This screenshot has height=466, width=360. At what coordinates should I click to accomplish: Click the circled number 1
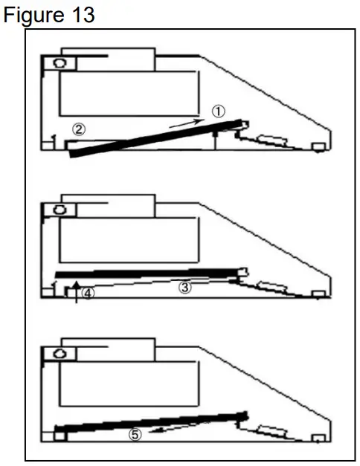218,111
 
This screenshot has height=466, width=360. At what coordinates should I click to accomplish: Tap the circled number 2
78,129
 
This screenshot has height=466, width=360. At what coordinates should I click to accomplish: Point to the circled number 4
88,293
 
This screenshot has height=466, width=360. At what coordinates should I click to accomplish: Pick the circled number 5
135,435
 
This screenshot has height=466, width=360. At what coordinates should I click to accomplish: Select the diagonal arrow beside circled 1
184,121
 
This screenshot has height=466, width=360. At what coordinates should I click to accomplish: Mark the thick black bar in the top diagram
156,135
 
